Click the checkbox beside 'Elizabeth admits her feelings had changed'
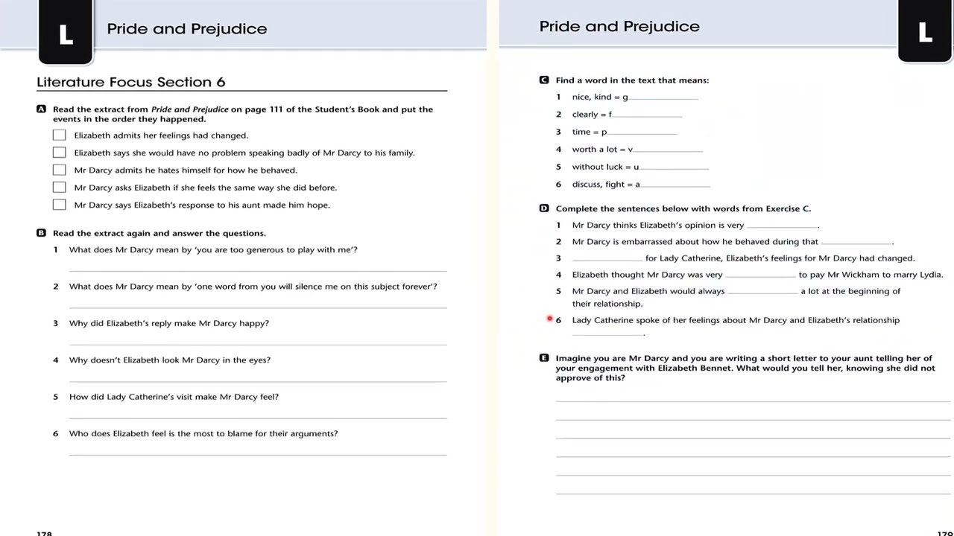point(60,135)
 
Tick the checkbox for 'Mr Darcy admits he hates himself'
point(60,170)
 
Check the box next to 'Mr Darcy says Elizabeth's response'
point(60,205)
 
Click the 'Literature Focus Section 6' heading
point(131,82)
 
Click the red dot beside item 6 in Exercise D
point(550,319)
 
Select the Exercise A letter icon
point(42,109)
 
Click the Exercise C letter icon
point(544,80)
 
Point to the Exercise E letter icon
point(544,358)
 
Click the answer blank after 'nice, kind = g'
point(663,98)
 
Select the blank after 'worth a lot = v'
point(668,150)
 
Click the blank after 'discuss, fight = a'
point(675,185)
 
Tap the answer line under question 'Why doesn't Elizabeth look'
point(258,380)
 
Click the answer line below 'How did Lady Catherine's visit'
point(258,417)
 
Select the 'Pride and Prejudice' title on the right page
point(619,27)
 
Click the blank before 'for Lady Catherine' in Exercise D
point(607,259)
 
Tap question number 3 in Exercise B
point(55,323)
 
